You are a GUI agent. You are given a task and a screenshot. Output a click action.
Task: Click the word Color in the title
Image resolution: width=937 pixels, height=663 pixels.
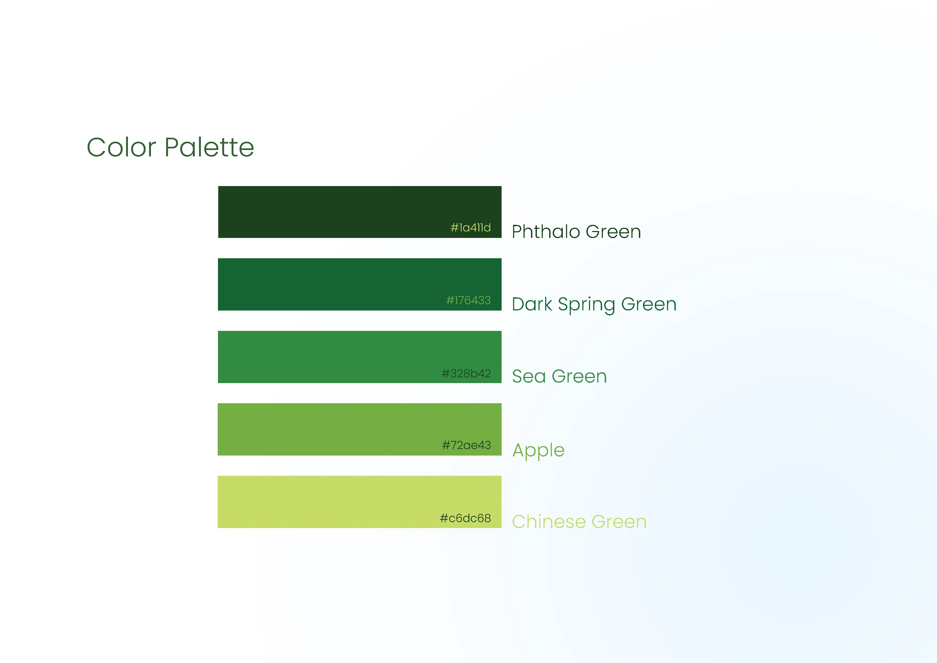pyautogui.click(x=121, y=148)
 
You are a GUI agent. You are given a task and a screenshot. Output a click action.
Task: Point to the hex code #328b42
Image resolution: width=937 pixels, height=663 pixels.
pyautogui.click(x=466, y=373)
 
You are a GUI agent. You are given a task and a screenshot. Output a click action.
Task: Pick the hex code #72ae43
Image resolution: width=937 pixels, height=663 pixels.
pyautogui.click(x=466, y=445)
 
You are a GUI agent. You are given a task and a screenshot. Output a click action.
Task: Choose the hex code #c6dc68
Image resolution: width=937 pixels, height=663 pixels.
pyautogui.click(x=465, y=518)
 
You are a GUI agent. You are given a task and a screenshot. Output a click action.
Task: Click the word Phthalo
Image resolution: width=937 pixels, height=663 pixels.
pyautogui.click(x=546, y=232)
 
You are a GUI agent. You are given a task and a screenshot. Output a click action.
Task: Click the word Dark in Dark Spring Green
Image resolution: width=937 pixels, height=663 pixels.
pyautogui.click(x=532, y=304)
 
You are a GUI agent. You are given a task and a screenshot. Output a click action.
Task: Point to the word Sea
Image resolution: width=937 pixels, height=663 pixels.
pyautogui.click(x=529, y=376)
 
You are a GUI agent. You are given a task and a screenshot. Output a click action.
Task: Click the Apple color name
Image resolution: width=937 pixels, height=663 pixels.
pyautogui.click(x=538, y=450)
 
